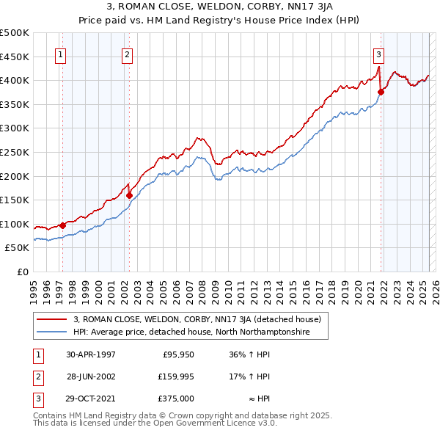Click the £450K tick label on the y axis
coord(15,57)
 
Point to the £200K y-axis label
coord(15,176)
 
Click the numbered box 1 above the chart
coord(59,54)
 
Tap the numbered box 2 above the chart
coord(127,54)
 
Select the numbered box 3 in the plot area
coord(378,54)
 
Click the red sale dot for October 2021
coord(381,92)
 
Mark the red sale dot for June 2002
coord(130,195)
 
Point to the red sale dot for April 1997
coord(62,226)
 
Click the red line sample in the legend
coord(52,319)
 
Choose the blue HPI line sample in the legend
coord(52,332)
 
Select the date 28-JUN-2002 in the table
coord(90,376)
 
